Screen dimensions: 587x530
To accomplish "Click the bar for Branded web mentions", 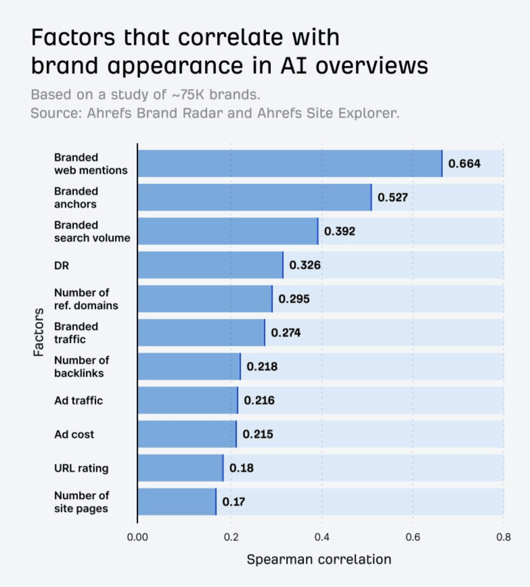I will click(x=289, y=163).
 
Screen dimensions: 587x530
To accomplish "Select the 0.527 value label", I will click(x=392, y=197).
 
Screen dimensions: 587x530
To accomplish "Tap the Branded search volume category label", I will click(x=92, y=231).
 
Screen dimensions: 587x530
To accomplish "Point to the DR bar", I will click(x=210, y=265).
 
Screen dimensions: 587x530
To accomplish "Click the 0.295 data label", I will click(x=293, y=299).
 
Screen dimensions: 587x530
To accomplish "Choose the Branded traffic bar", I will click(x=201, y=333).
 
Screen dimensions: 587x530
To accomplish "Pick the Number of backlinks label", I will click(x=81, y=367).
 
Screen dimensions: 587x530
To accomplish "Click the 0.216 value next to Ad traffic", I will click(x=259, y=400).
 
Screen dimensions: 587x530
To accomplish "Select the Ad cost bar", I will click(x=187, y=434).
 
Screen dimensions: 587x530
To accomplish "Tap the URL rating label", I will click(x=81, y=468).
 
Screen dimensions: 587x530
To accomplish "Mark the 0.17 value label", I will click(x=233, y=502).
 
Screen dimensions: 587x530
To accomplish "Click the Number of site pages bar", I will click(x=177, y=502).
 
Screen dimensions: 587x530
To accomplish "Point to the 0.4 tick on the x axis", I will click(x=322, y=537).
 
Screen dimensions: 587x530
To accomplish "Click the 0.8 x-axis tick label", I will click(x=503, y=537).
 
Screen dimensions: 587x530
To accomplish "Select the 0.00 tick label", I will click(x=137, y=537).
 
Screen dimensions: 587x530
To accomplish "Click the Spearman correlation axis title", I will click(x=319, y=559).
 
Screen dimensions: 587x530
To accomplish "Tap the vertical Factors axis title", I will click(x=38, y=332).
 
